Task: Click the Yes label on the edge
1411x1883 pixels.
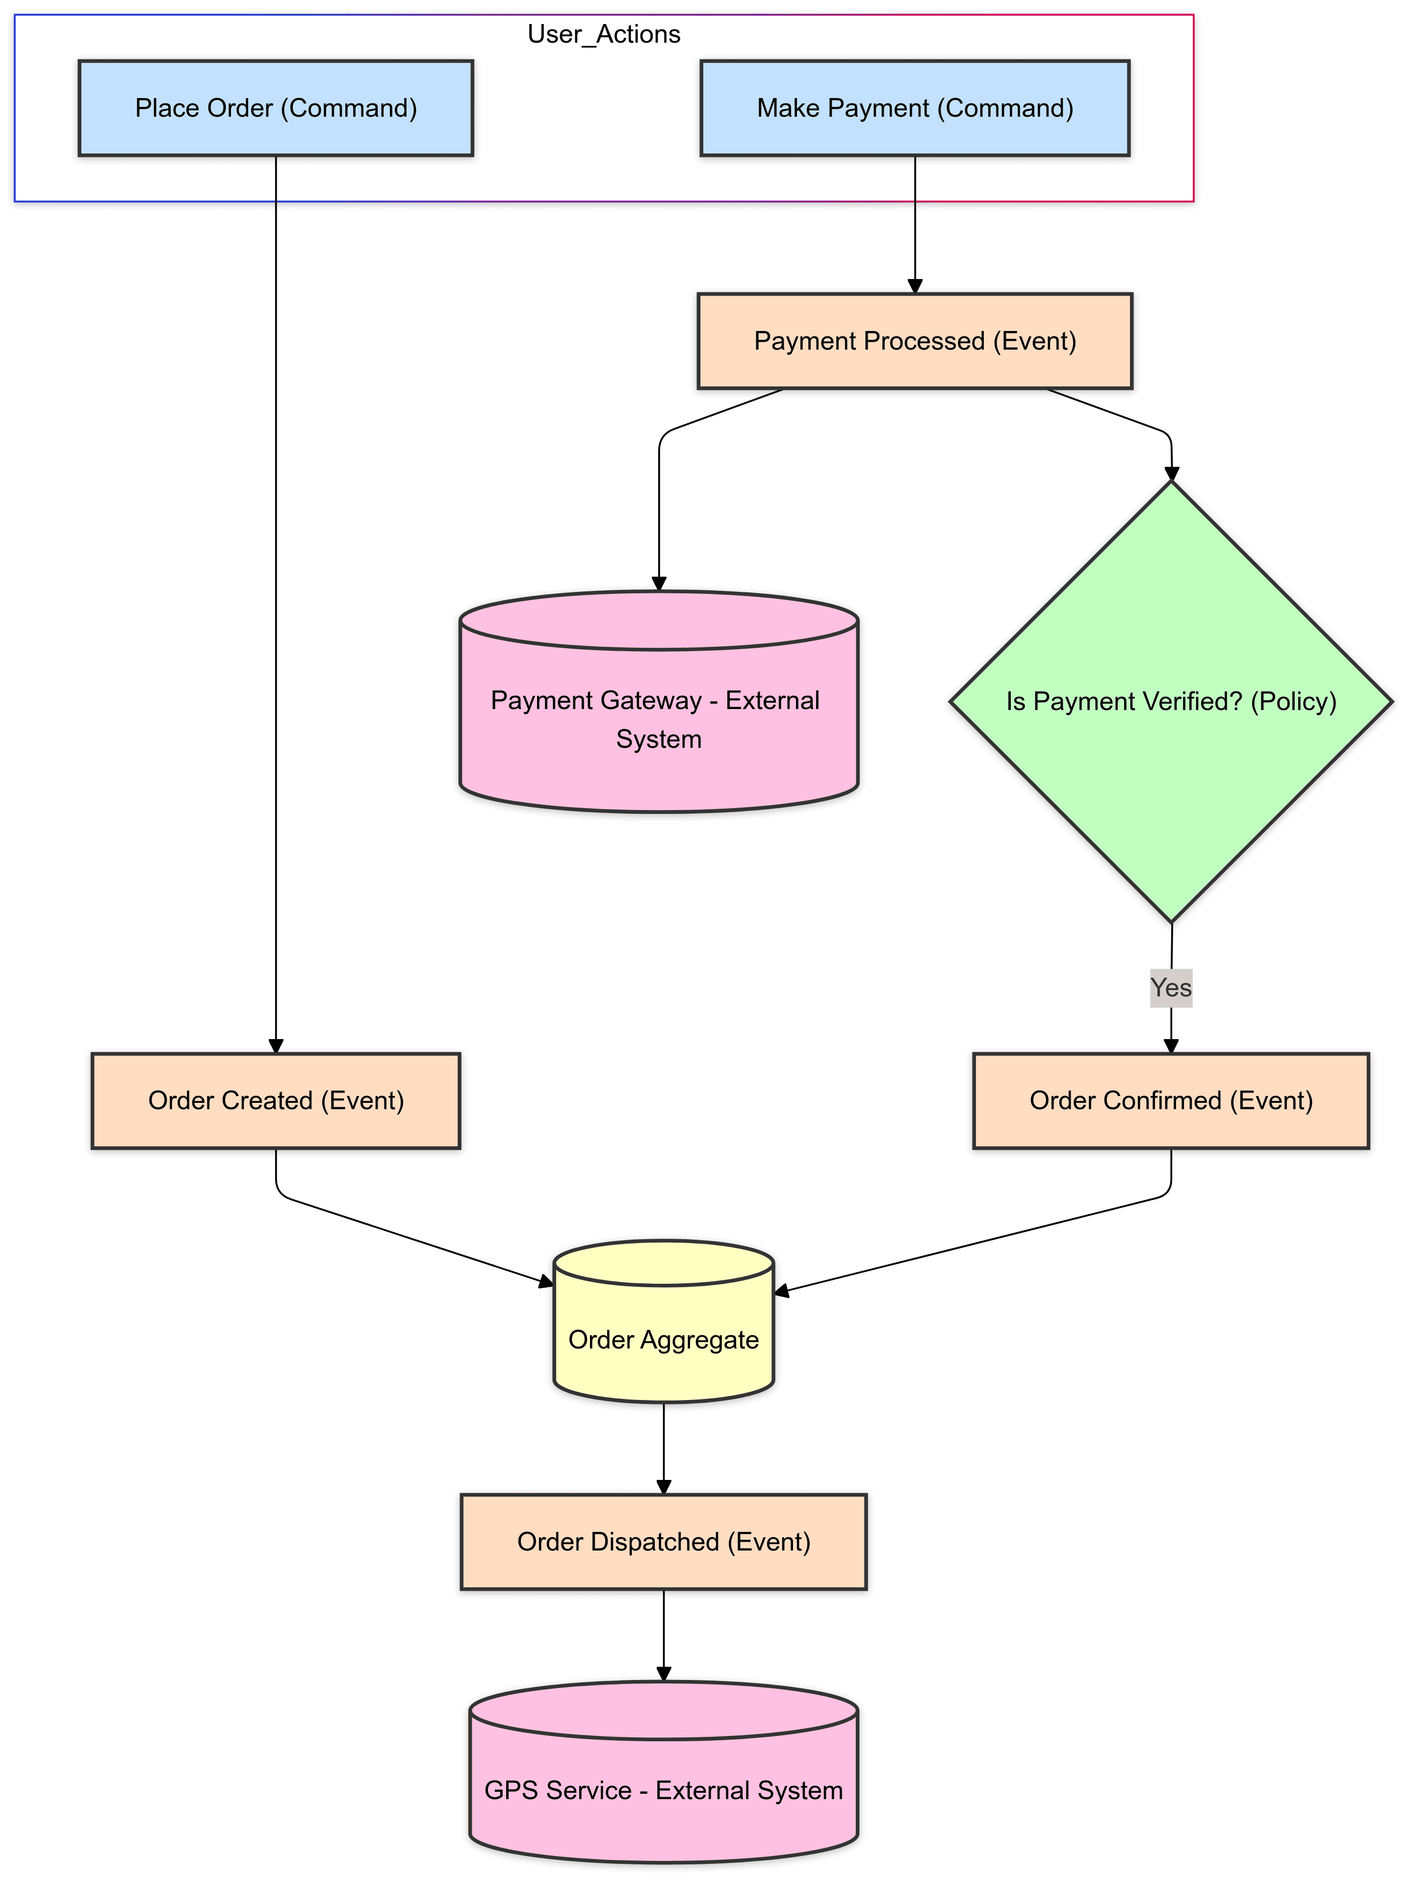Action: [1170, 988]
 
